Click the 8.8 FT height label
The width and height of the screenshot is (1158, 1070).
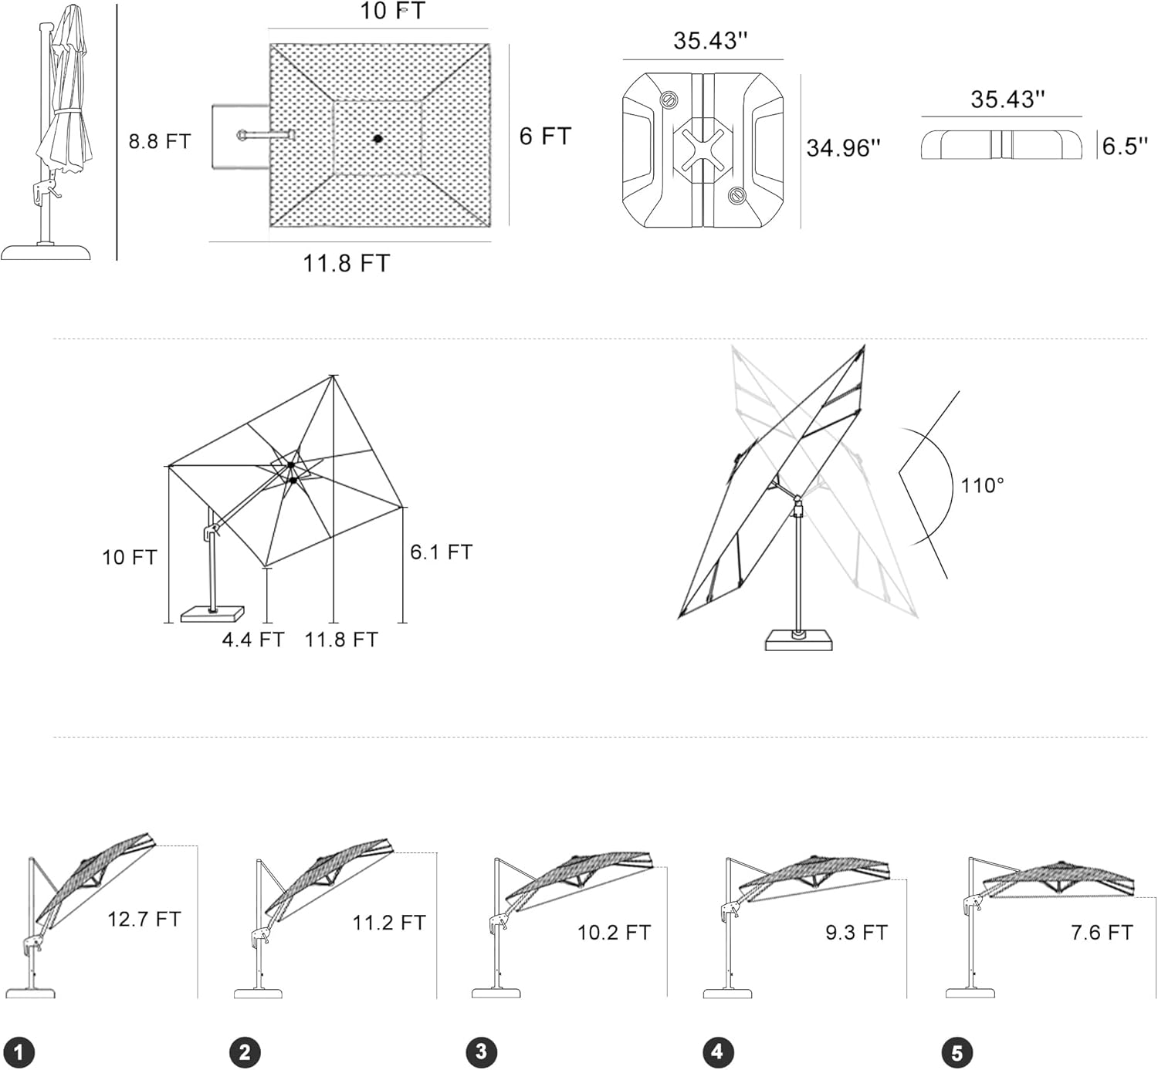click(x=159, y=141)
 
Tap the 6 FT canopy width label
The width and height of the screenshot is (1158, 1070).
click(x=545, y=137)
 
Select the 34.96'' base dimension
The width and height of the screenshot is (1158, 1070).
click(x=843, y=147)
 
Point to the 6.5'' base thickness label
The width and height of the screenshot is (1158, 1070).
click(x=1125, y=146)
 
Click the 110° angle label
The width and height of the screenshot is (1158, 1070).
click(x=982, y=486)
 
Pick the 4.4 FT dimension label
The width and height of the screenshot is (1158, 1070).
click(x=253, y=640)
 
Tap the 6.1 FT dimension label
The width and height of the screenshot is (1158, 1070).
click(x=441, y=552)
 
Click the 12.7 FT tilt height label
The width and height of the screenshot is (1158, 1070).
click(x=144, y=919)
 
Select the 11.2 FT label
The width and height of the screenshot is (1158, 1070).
click(x=389, y=923)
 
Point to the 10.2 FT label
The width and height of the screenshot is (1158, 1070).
click(x=614, y=933)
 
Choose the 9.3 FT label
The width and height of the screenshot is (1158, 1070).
click(x=856, y=933)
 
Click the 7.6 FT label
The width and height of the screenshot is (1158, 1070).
click(x=1102, y=933)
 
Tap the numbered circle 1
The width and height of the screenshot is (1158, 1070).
click(x=19, y=1052)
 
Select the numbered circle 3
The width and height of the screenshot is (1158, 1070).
click(x=482, y=1052)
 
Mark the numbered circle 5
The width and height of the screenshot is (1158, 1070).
click(x=957, y=1053)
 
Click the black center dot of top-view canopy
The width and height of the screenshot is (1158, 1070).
click(x=378, y=139)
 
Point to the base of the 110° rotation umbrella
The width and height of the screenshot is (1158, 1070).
click(x=799, y=640)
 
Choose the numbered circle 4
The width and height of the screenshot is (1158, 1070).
click(x=718, y=1052)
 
